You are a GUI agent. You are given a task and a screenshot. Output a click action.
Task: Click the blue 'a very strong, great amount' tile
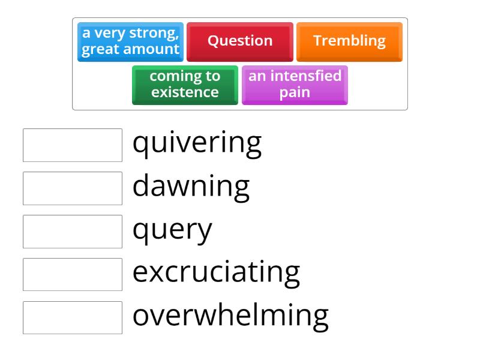pyautogui.click(x=130, y=41)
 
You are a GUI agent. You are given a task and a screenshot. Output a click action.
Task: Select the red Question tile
pyautogui.click(x=240, y=41)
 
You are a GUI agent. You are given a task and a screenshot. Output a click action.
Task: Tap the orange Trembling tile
pyautogui.click(x=349, y=41)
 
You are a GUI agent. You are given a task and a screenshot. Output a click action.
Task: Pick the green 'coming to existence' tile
pyautogui.click(x=185, y=85)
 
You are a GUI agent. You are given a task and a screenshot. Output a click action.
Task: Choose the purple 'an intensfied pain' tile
pyautogui.click(x=295, y=85)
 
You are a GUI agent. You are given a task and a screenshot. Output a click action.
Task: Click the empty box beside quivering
pyautogui.click(x=73, y=145)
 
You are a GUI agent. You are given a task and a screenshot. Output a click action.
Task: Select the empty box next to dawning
pyautogui.click(x=73, y=188)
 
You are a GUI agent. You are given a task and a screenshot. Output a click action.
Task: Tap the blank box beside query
pyautogui.click(x=73, y=232)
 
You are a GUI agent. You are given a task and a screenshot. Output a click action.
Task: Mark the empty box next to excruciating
pyautogui.click(x=73, y=274)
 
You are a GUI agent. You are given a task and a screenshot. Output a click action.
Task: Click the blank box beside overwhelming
pyautogui.click(x=73, y=317)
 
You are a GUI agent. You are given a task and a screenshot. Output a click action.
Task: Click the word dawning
pyautogui.click(x=191, y=186)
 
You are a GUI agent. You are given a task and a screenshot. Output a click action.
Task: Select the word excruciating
pyautogui.click(x=216, y=272)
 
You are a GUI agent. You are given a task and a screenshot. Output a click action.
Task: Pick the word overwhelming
pyautogui.click(x=230, y=316)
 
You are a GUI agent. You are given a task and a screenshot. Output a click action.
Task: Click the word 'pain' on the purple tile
pyautogui.click(x=295, y=93)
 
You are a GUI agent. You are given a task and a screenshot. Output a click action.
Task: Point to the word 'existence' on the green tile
pyautogui.click(x=185, y=92)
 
